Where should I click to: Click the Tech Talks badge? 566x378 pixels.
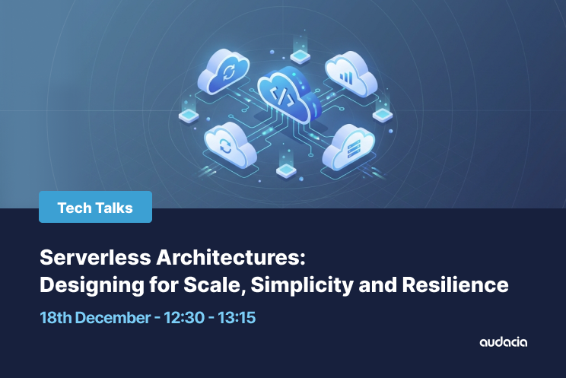pos(95,207)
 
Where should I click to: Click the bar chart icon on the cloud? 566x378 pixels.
pos(348,77)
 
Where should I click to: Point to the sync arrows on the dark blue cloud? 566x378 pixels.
pos(227,73)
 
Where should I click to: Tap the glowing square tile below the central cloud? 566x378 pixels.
pos(285,171)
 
